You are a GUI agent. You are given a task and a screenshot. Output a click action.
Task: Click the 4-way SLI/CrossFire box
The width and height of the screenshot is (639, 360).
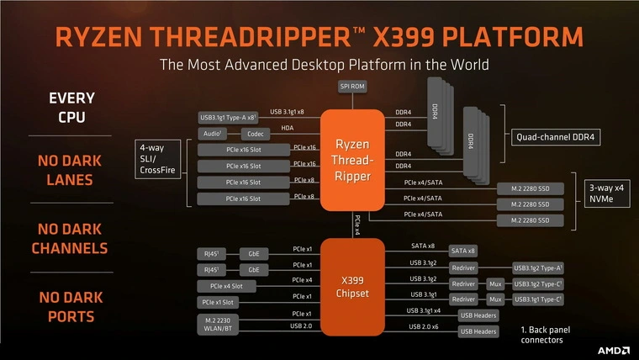click(x=158, y=161)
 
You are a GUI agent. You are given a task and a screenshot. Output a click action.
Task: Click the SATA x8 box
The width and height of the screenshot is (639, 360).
click(x=464, y=251)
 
